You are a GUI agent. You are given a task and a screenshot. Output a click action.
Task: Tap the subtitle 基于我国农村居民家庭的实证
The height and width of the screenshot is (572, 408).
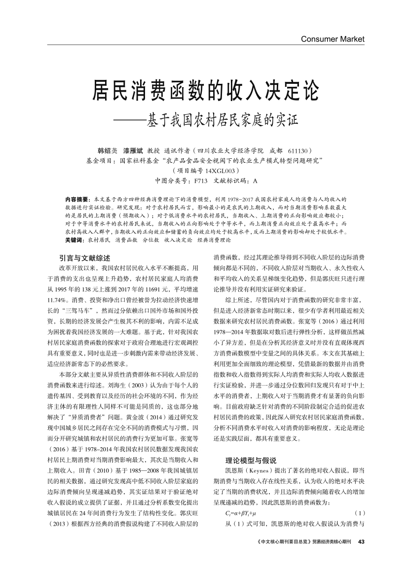click(220, 120)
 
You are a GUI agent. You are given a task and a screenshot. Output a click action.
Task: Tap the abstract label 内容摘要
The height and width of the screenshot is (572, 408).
click(76, 198)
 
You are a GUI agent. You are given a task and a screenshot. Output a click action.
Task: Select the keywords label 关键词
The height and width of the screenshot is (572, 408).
click(74, 240)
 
